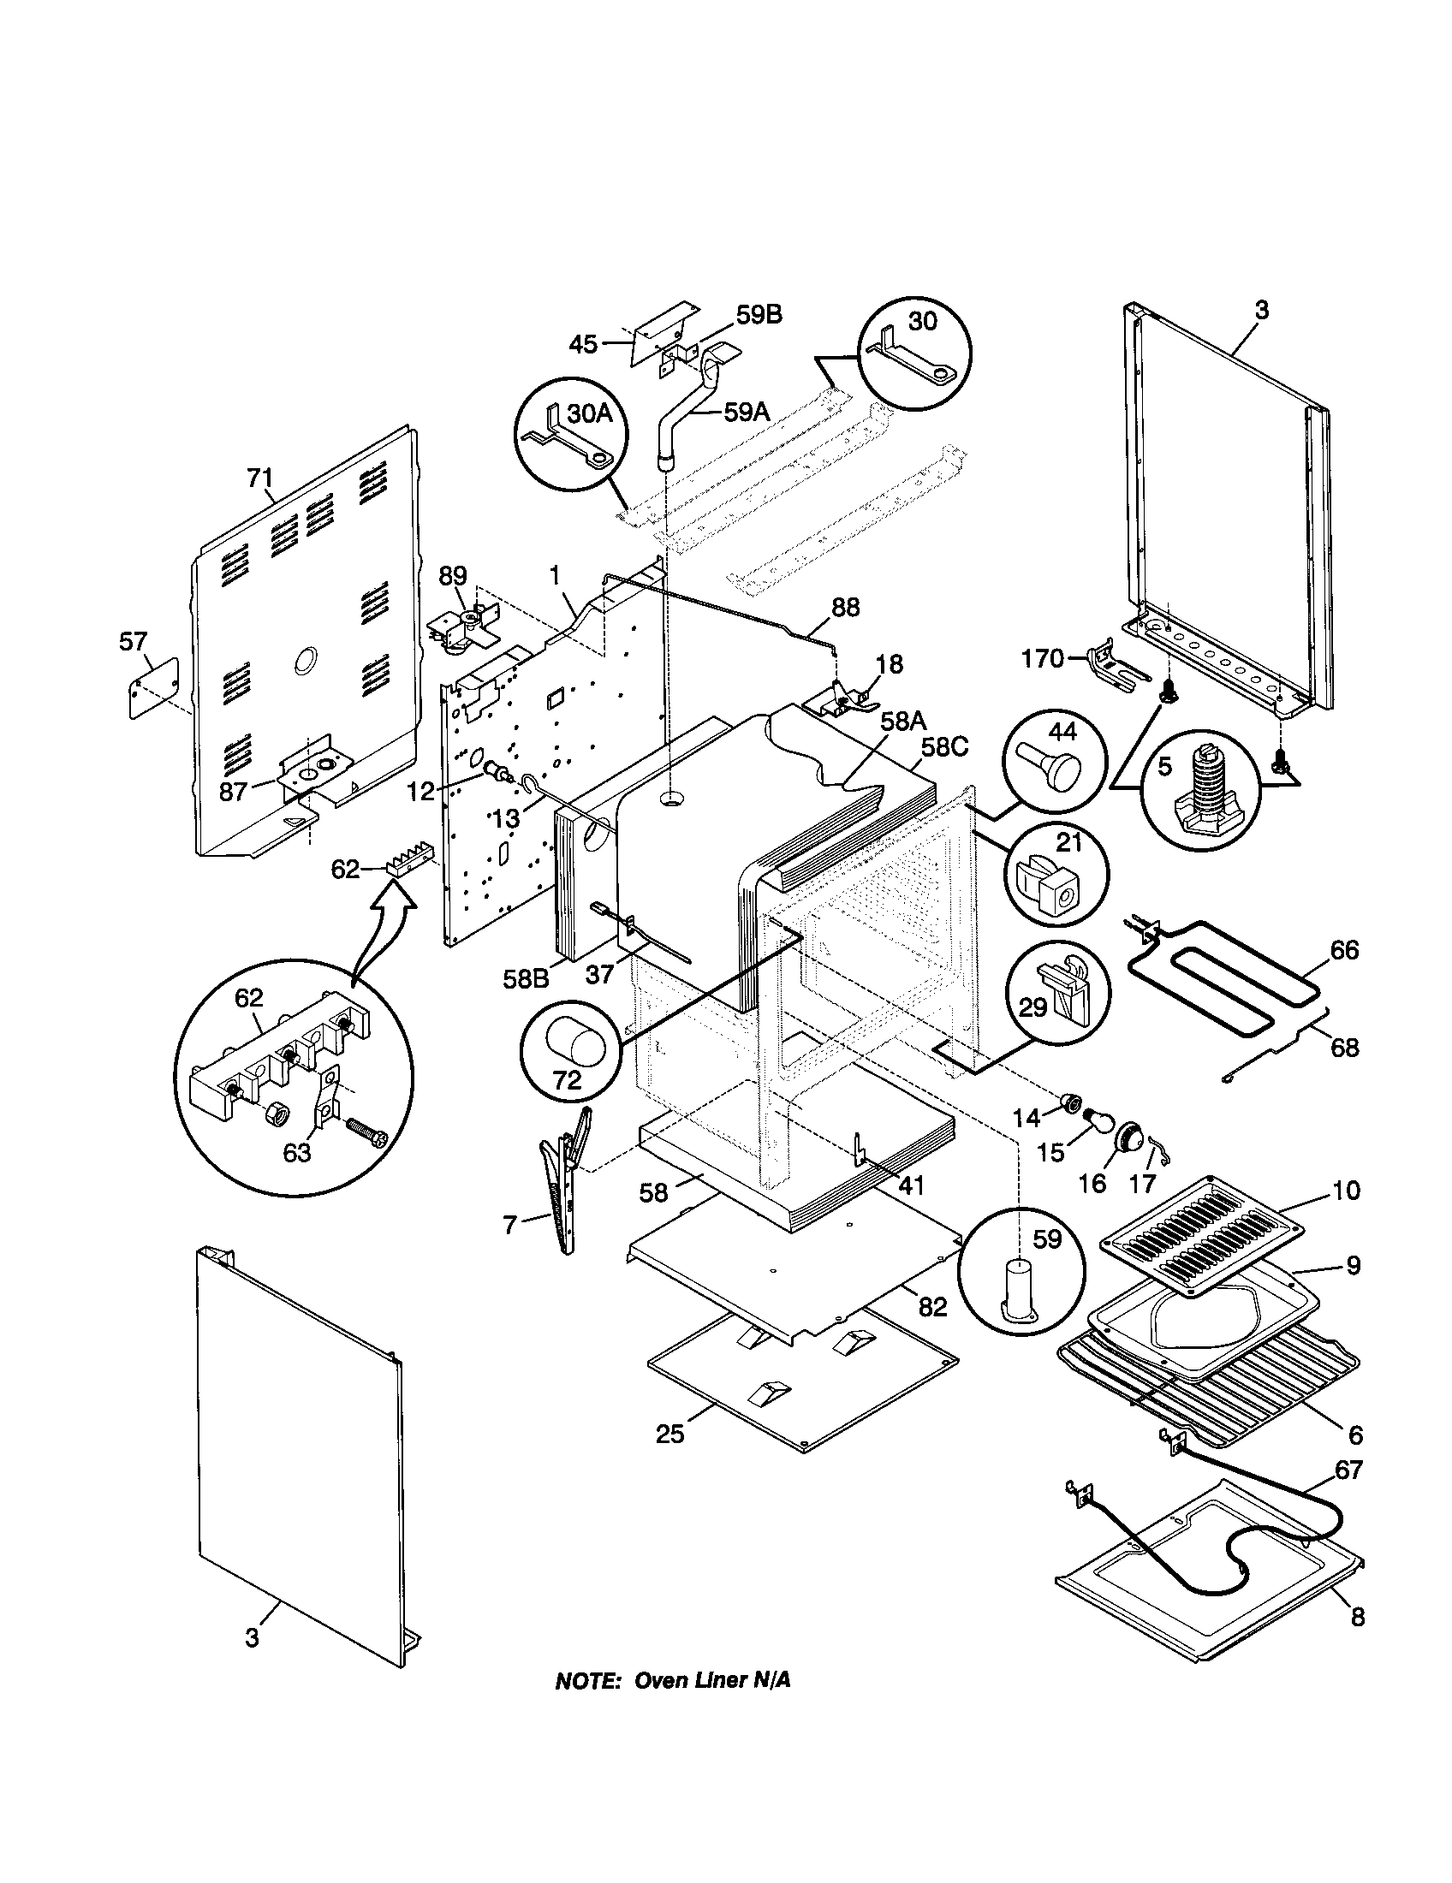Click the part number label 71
click(259, 477)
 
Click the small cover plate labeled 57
click(153, 686)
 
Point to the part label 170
click(1043, 660)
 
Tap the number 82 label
click(932, 1306)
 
